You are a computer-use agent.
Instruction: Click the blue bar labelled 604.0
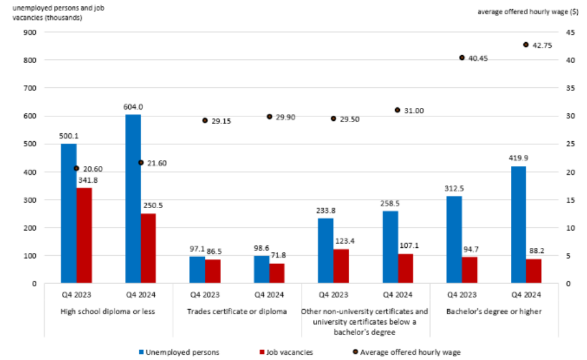tap(133, 199)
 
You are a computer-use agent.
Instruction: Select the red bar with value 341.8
tap(84, 235)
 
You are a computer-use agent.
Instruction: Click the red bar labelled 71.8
tap(277, 273)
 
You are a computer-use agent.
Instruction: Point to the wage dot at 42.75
tap(526, 45)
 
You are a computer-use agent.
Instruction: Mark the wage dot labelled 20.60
tap(76, 168)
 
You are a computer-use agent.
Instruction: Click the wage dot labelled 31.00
tap(398, 110)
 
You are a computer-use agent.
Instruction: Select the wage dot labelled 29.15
tap(205, 120)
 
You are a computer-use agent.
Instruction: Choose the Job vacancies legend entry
tap(285, 352)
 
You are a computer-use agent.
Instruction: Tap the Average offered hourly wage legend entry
tap(406, 352)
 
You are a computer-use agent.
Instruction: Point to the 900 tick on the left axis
tap(29, 32)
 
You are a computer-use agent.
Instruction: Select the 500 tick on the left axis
tap(29, 144)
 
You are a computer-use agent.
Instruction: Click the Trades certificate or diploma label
tap(237, 312)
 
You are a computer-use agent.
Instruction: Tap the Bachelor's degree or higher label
tap(494, 312)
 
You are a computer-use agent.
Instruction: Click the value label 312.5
tap(454, 188)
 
